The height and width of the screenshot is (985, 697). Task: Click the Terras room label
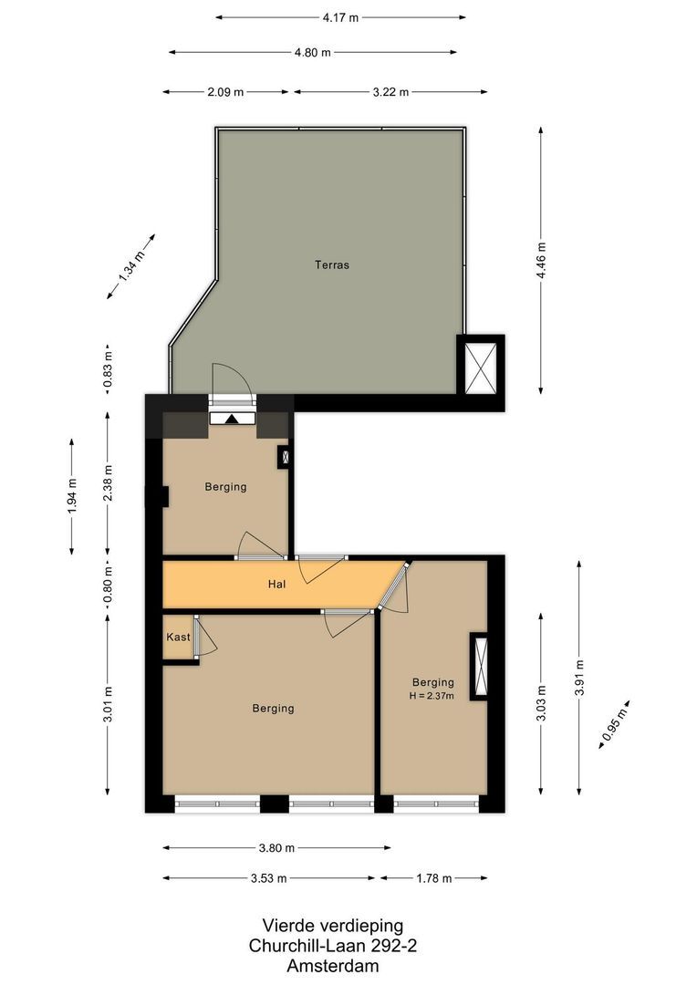(332, 265)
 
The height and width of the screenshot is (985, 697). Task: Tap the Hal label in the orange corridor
(277, 584)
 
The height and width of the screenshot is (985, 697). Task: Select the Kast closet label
(178, 637)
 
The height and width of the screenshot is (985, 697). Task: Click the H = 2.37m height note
(432, 697)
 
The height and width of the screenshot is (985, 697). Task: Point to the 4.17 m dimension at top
(340, 16)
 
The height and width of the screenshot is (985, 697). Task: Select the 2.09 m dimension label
(225, 91)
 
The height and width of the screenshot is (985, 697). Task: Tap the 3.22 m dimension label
(390, 91)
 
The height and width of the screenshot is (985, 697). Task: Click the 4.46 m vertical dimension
(542, 261)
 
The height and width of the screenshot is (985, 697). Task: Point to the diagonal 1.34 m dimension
(131, 264)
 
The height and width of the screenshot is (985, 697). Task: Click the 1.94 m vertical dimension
(72, 494)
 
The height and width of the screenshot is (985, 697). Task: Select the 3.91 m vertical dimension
(579, 677)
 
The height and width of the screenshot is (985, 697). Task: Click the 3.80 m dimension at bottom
(276, 847)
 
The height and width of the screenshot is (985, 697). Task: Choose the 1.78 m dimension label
(433, 878)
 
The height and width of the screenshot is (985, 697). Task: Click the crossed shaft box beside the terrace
(480, 365)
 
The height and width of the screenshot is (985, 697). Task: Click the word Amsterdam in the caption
(332, 966)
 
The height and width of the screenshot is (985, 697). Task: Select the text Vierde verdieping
(332, 926)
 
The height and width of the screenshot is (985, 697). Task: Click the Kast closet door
(203, 636)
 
